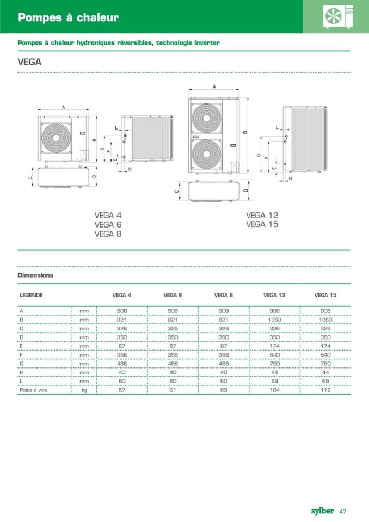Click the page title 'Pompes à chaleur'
(x=68, y=18)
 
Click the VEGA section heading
(x=29, y=62)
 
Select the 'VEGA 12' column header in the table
(x=274, y=295)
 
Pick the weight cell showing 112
(x=325, y=390)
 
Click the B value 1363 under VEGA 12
(x=274, y=320)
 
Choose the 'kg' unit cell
(x=84, y=390)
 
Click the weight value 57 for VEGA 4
(x=121, y=390)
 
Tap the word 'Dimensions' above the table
(x=35, y=275)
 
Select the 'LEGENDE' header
(x=31, y=295)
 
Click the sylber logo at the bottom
(x=322, y=511)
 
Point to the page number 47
(x=343, y=511)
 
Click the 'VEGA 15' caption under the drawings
(x=262, y=224)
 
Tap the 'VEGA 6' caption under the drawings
(x=108, y=224)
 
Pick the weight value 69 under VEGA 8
(x=224, y=390)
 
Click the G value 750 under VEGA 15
(x=325, y=363)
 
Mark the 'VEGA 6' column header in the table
(x=173, y=295)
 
